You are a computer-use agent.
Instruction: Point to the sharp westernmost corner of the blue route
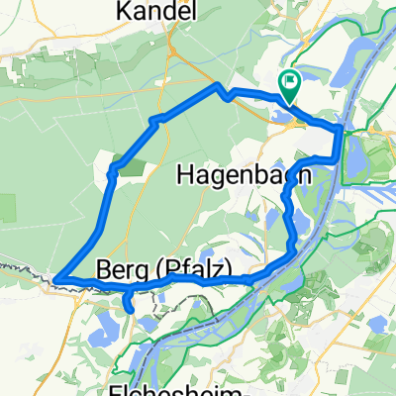pos(55,279)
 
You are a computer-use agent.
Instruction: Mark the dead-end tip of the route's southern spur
pos(133,310)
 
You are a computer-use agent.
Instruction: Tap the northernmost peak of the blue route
pos(217,87)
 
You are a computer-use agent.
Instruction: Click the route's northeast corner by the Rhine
pos(340,129)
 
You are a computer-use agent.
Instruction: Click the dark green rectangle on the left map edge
pos(7,209)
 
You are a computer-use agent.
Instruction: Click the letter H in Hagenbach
pos(184,176)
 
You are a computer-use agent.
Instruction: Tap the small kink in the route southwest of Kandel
pos(153,121)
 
